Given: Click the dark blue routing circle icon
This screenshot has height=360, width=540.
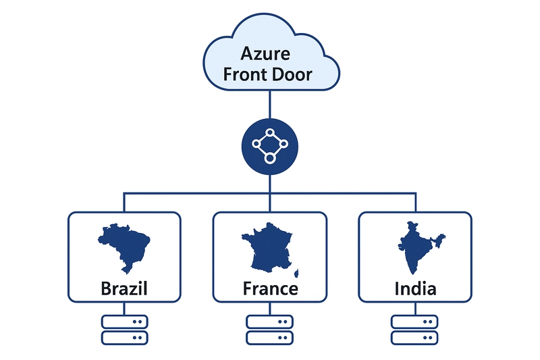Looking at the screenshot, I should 269,144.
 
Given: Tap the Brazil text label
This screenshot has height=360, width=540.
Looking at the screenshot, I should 124,289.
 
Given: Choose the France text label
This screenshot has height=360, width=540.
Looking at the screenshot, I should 269,289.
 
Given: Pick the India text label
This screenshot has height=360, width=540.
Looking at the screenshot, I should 415,289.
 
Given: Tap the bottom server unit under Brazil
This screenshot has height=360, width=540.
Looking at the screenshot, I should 124,337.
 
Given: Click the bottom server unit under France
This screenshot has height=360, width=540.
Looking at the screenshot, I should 269,337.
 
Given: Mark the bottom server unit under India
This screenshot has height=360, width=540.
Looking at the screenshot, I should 415,337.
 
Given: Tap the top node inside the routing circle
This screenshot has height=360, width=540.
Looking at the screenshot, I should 269,132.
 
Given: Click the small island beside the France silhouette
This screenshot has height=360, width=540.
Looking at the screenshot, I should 295,274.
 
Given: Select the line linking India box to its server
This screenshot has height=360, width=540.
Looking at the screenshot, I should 415,308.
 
